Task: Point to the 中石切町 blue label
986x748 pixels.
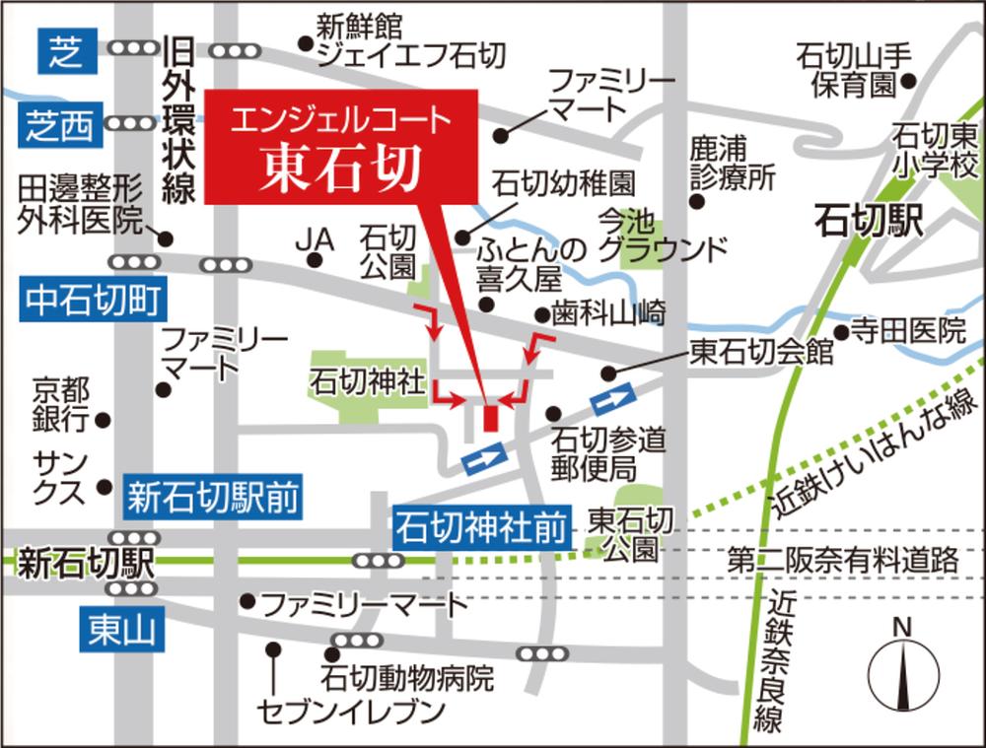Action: pyautogui.click(x=93, y=300)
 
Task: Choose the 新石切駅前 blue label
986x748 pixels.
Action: pyautogui.click(x=212, y=499)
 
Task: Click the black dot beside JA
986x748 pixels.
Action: pyautogui.click(x=315, y=260)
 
